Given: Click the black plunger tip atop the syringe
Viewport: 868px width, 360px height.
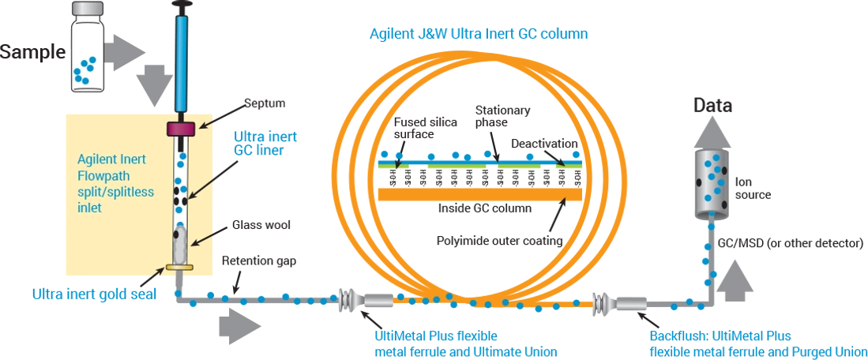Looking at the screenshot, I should [184, 5].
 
